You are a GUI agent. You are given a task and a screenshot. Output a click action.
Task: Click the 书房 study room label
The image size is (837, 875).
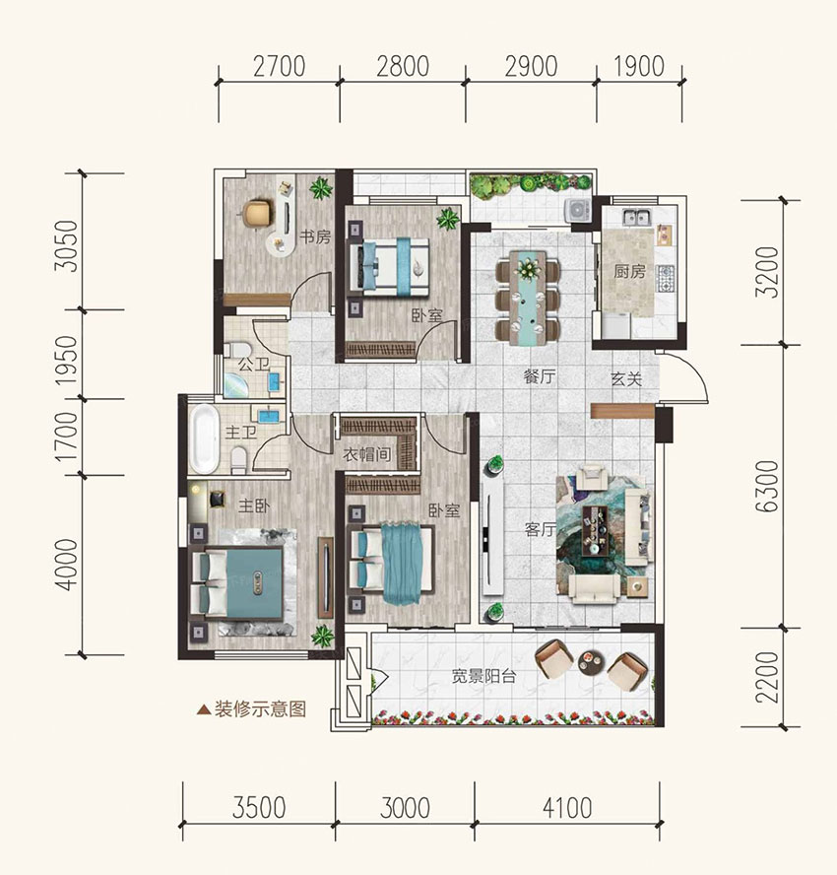coord(315,237)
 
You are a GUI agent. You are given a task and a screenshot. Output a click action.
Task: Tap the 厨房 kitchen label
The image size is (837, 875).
coord(629,272)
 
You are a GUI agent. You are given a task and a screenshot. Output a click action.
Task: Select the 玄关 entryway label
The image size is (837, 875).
coord(626,379)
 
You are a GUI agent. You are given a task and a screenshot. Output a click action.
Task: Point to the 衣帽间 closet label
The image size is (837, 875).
coord(367,455)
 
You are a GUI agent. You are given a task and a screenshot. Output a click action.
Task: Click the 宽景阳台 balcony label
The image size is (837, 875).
coord(483,676)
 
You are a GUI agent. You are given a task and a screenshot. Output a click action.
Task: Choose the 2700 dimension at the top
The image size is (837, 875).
coord(280,66)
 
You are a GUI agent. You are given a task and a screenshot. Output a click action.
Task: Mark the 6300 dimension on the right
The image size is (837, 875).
coord(767,486)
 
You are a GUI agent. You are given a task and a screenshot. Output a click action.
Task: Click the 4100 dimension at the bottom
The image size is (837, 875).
coord(567,808)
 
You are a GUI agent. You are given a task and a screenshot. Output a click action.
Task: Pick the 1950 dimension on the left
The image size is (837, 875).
coord(67,359)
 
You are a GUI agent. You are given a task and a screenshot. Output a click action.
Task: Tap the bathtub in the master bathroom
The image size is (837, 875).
coord(203,439)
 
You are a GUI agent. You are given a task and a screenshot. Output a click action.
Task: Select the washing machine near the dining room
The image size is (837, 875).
coord(578,210)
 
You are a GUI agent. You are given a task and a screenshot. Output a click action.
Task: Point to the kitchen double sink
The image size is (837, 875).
coord(636,217)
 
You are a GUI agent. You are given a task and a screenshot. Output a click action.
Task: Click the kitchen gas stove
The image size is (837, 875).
coord(666,279)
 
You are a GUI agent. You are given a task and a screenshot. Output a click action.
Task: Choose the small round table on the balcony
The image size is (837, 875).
coord(591,662)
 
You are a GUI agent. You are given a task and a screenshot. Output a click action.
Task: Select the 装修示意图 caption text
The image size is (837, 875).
coord(260,709)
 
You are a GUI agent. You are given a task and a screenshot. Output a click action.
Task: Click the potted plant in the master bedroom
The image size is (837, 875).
coord(322,636)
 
